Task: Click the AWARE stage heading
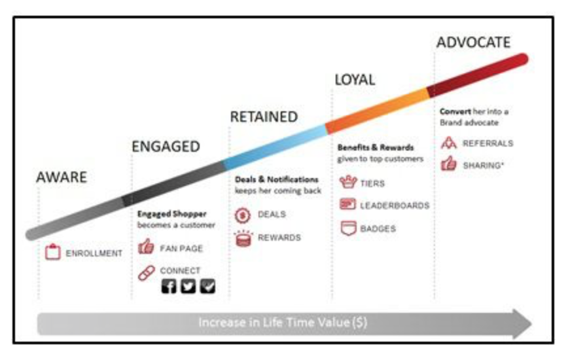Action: click(x=61, y=177)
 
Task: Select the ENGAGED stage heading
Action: click(x=166, y=146)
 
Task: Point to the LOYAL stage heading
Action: click(x=355, y=80)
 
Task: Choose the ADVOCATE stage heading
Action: click(x=473, y=43)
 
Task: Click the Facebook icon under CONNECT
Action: click(x=169, y=286)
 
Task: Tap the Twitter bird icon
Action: click(x=188, y=286)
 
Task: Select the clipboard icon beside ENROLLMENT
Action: click(x=53, y=253)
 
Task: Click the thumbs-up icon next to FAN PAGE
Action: click(x=146, y=248)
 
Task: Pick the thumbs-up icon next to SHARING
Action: click(x=448, y=164)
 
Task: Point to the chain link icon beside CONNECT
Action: click(x=146, y=272)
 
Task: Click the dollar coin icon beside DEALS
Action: click(x=243, y=214)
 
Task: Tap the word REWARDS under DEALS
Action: click(x=279, y=237)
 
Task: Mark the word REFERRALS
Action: click(x=488, y=143)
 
